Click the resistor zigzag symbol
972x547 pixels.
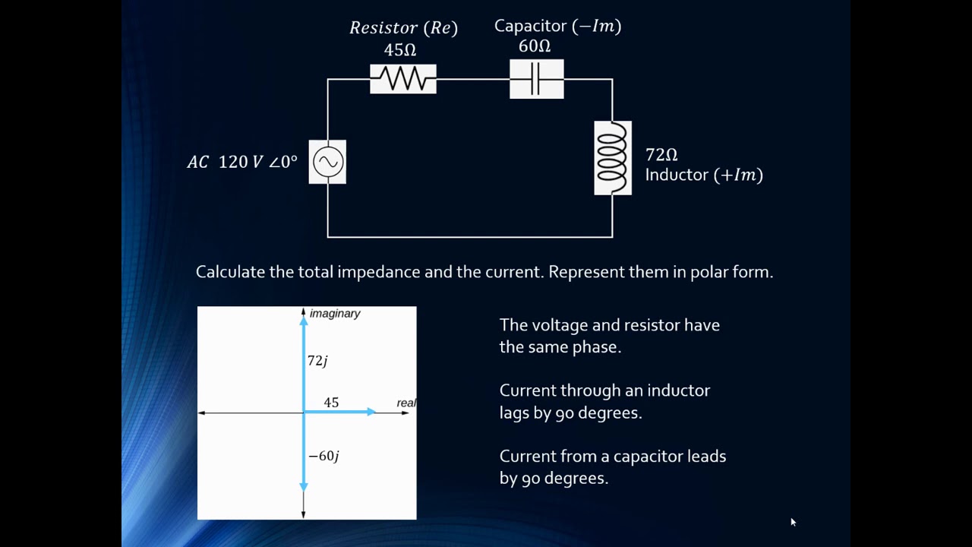(x=403, y=79)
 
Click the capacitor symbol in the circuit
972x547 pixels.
(x=536, y=79)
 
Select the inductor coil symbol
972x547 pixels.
(x=613, y=158)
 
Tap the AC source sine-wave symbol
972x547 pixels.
(x=327, y=162)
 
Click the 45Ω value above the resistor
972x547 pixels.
(x=400, y=50)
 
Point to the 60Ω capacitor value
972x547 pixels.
(x=535, y=46)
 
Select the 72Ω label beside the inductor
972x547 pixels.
(x=661, y=155)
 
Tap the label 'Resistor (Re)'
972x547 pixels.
(x=403, y=28)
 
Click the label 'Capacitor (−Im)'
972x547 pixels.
(x=557, y=26)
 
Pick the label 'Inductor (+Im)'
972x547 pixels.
(x=704, y=175)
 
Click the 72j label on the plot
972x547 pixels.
(x=317, y=361)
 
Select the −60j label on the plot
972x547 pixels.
(x=323, y=456)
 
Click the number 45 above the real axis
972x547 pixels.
(x=331, y=403)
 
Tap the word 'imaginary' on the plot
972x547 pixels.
(x=335, y=314)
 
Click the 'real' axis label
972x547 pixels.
(x=406, y=403)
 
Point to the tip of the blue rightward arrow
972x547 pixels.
(x=374, y=412)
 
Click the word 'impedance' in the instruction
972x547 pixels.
(x=378, y=272)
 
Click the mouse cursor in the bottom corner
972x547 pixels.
(x=793, y=522)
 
